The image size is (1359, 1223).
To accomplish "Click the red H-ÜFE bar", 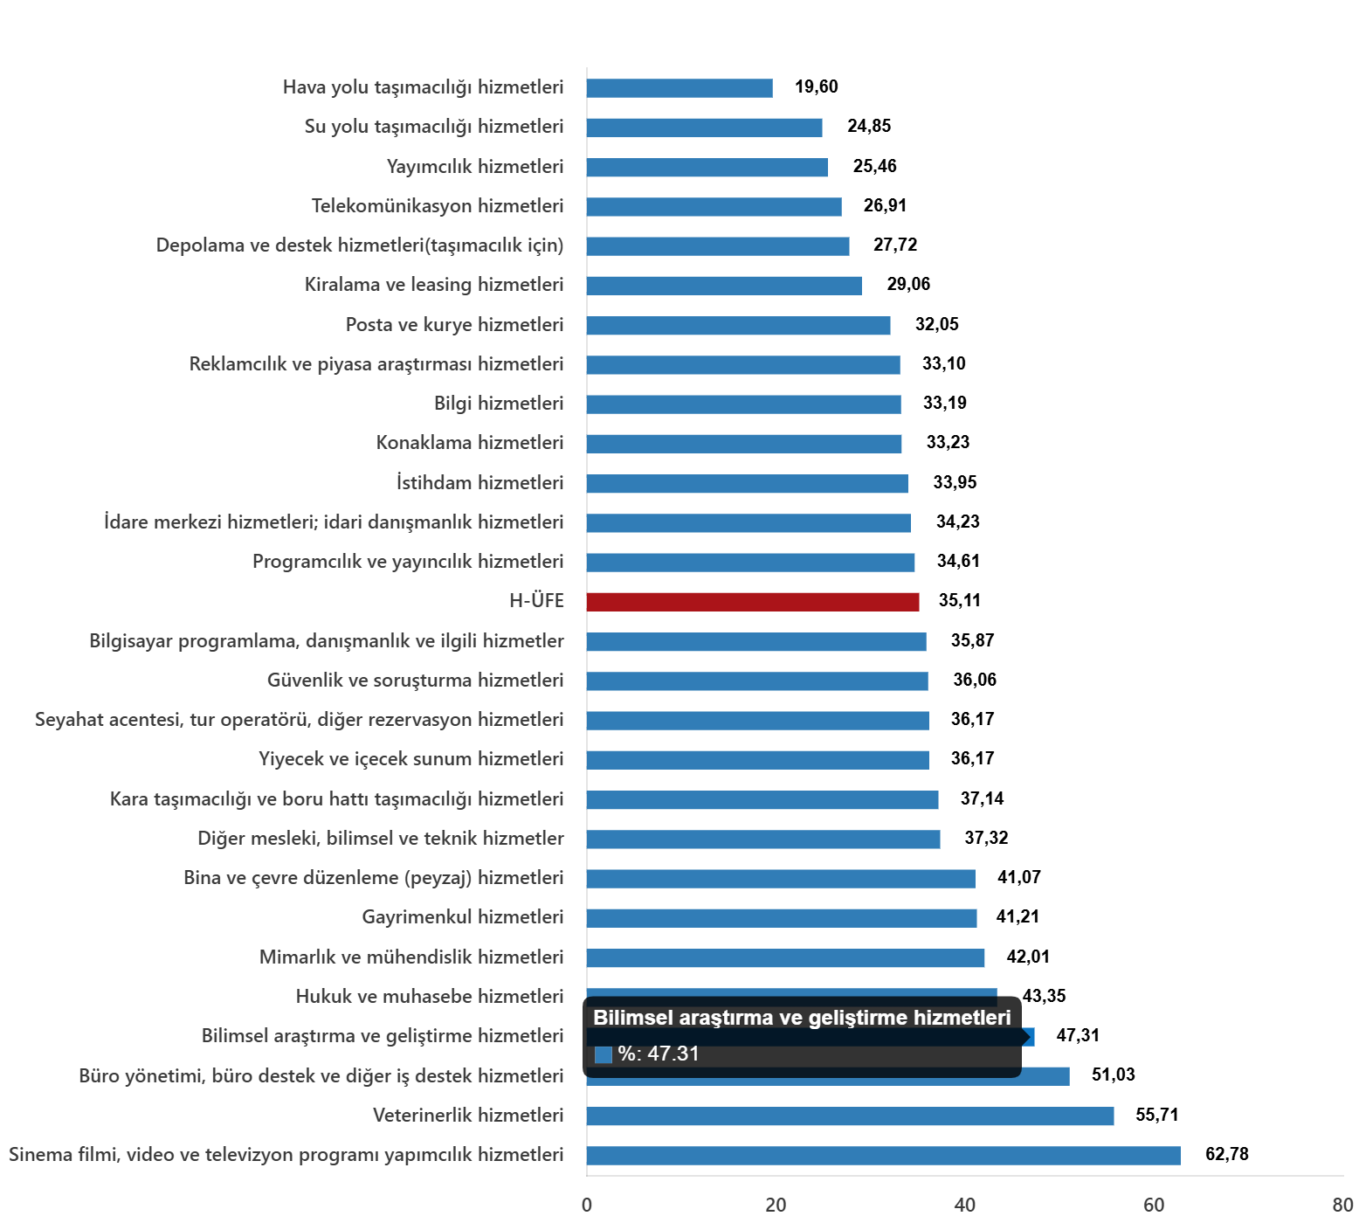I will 752,602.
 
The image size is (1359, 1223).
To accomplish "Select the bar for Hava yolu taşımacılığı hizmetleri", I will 679,88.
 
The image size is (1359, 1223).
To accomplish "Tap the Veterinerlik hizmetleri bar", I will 849,1116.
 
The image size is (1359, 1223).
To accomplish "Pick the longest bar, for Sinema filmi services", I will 882,1156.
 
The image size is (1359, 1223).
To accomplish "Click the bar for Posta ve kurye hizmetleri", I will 738,326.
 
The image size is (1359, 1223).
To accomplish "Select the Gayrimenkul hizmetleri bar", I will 781,918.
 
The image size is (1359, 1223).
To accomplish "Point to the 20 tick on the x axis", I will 776,1206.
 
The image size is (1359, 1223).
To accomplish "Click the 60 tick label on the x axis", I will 1154,1206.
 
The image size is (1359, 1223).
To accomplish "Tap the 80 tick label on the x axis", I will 1342,1206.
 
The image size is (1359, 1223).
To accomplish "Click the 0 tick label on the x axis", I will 587,1206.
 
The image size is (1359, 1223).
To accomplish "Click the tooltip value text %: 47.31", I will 659,1054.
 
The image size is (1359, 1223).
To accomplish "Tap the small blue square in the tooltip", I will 603,1054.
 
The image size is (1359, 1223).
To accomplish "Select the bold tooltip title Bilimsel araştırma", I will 801,1018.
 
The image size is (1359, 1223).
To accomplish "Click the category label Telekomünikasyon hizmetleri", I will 438,206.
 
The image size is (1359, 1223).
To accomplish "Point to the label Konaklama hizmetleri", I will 470,443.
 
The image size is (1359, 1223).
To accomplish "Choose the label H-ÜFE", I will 536,601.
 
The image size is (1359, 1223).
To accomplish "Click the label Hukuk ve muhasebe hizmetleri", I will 430,997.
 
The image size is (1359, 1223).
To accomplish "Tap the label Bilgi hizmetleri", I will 499,404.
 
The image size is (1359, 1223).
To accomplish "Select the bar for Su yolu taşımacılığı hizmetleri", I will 704,128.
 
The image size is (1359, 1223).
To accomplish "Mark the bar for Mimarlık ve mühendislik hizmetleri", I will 785,958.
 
